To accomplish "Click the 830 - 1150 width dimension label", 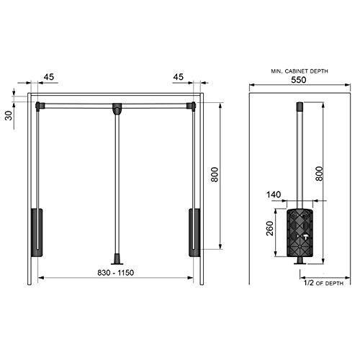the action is pyautogui.click(x=116, y=273).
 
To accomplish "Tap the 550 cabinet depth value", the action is pyautogui.click(x=299, y=80).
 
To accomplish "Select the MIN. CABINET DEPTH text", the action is pyautogui.click(x=300, y=71).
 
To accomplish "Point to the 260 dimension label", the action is pyautogui.click(x=270, y=228).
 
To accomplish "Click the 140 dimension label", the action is pyautogui.click(x=274, y=194).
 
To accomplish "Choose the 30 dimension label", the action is pyautogui.click(x=9, y=116).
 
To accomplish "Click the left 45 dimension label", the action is pyautogui.click(x=49, y=77).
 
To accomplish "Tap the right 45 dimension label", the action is pyautogui.click(x=179, y=77).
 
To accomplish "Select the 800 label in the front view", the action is pyautogui.click(x=215, y=174).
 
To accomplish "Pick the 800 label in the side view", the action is pyautogui.click(x=319, y=174).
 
